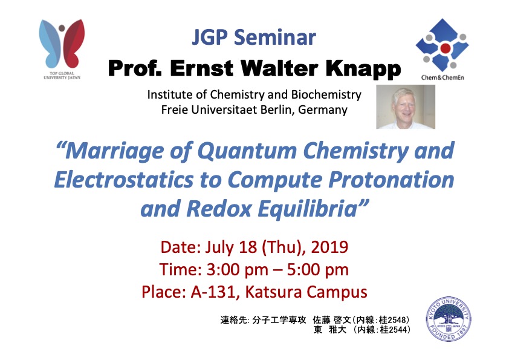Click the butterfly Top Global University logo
[62, 49]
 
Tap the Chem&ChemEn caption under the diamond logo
[443, 77]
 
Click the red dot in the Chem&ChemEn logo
[446, 48]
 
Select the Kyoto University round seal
[449, 319]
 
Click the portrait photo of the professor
[406, 107]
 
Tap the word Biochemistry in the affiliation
[326, 94]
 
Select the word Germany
[323, 110]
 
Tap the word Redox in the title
[219, 208]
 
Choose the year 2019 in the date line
[329, 247]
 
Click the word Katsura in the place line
[274, 292]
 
